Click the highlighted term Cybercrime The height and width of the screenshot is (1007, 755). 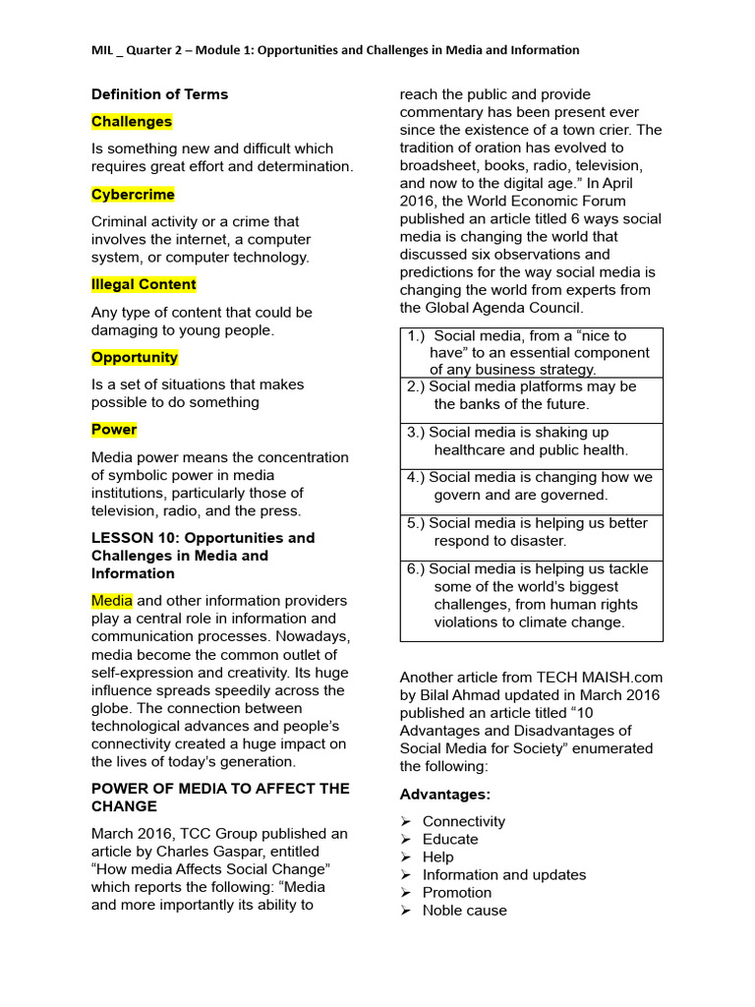(x=133, y=195)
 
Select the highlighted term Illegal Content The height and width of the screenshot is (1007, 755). (x=144, y=284)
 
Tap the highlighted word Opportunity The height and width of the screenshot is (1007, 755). (x=135, y=357)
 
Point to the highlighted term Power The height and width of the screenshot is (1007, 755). (x=114, y=430)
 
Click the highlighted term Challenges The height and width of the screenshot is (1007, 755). (x=132, y=122)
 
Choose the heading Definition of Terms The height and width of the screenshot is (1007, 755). (x=159, y=94)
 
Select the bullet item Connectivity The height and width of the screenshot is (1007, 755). (x=463, y=821)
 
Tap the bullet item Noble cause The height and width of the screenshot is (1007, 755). (x=464, y=910)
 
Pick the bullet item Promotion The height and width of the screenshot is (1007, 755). (x=456, y=892)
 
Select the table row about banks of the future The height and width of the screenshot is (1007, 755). (x=531, y=395)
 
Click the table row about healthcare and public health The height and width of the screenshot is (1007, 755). (x=531, y=441)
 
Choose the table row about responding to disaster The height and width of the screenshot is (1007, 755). (x=531, y=532)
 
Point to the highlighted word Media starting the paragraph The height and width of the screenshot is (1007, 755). (x=111, y=601)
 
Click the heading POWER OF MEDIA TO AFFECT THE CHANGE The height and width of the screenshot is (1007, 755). (x=220, y=798)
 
